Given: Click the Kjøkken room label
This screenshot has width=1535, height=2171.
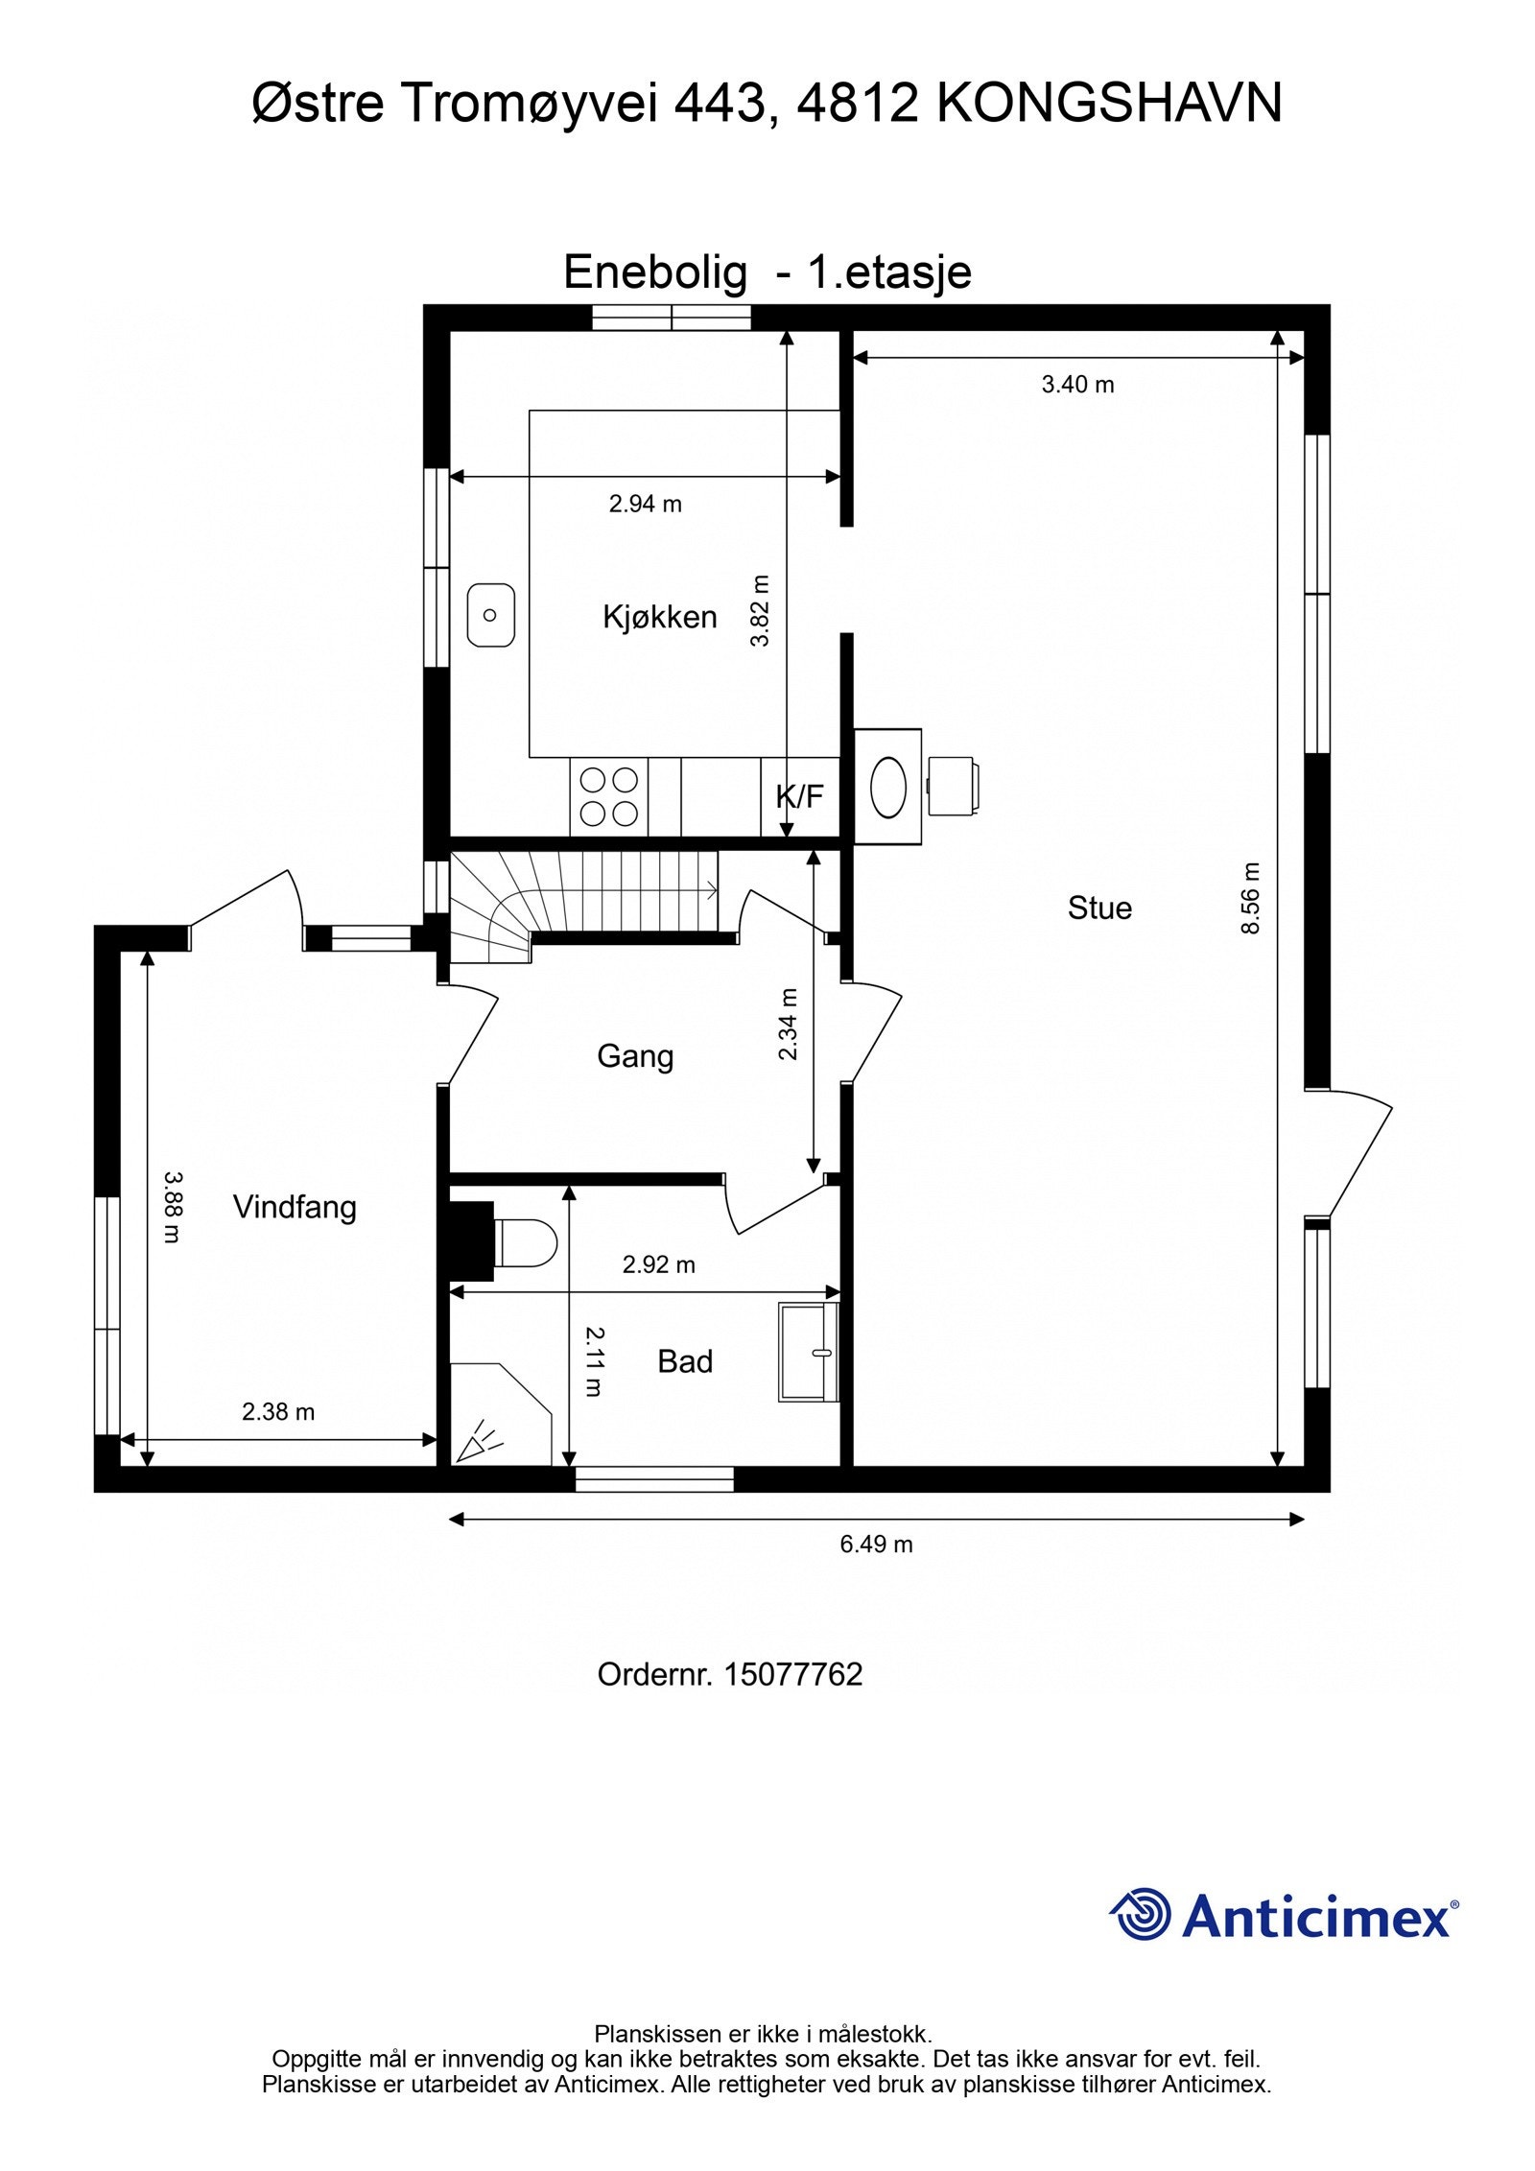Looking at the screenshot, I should pyautogui.click(x=659, y=617).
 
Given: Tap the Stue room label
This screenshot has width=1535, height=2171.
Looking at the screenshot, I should pyautogui.click(x=1099, y=908).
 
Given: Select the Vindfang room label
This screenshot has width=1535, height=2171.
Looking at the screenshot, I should pyautogui.click(x=295, y=1207).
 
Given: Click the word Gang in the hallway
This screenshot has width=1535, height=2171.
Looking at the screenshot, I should pyautogui.click(x=634, y=1056).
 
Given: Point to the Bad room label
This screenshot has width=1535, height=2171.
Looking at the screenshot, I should pyautogui.click(x=684, y=1361).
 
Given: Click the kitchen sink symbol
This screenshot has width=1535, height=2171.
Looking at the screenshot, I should pyautogui.click(x=490, y=615).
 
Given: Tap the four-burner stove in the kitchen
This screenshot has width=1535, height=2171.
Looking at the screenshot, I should pyautogui.click(x=609, y=796).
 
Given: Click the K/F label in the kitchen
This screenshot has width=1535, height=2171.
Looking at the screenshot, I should pyautogui.click(x=799, y=796).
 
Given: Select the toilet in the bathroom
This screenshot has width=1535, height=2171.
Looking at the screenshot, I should pyautogui.click(x=525, y=1242).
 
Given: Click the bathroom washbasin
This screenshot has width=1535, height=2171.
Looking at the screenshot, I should pyautogui.click(x=809, y=1352).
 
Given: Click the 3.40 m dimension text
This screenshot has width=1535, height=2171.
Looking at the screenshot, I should pyautogui.click(x=1077, y=385).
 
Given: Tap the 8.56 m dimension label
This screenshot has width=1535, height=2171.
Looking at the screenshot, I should pyautogui.click(x=1250, y=898).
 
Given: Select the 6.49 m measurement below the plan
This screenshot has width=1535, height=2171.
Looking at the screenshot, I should pyautogui.click(x=876, y=1545).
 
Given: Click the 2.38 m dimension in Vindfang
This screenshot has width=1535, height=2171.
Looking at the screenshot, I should pyautogui.click(x=278, y=1411).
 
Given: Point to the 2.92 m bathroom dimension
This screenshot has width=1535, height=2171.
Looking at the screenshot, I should pyautogui.click(x=658, y=1264).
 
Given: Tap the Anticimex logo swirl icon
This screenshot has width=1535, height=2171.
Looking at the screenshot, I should pyautogui.click(x=1141, y=1914).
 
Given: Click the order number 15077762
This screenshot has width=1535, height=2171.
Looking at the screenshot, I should pyautogui.click(x=792, y=1674).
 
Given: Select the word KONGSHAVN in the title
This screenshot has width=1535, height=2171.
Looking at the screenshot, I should pyautogui.click(x=1108, y=104).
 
